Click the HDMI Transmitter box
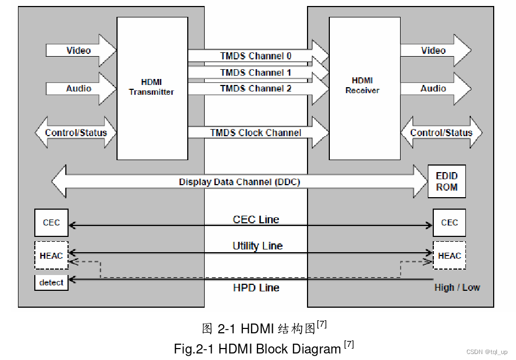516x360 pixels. (152, 88)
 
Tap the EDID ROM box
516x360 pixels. (447, 181)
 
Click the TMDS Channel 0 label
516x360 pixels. (255, 56)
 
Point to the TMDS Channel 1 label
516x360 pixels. (255, 72)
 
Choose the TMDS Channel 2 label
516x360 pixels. (255, 88)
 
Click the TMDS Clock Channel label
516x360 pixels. (255, 132)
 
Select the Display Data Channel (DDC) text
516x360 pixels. (239, 182)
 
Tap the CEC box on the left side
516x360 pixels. (52, 223)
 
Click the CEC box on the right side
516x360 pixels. (450, 223)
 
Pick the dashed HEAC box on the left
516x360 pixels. (52, 255)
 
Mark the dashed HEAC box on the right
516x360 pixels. (450, 255)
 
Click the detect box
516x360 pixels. (52, 283)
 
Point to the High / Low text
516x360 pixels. (457, 288)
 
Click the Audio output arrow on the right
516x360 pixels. (435, 88)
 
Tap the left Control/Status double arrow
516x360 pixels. (76, 132)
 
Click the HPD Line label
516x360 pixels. (256, 288)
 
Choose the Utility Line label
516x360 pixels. (257, 246)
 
